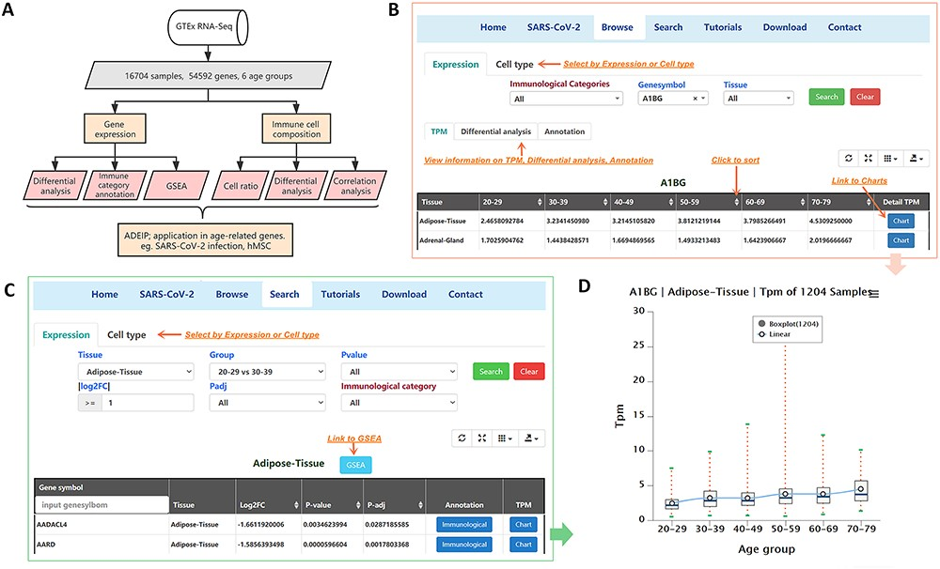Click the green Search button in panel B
tap(826, 97)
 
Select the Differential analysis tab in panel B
tap(494, 131)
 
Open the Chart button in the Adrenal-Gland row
tap(901, 240)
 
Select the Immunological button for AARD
tap(463, 545)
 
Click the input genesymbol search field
tap(102, 504)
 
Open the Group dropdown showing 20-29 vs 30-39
tap(267, 372)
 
